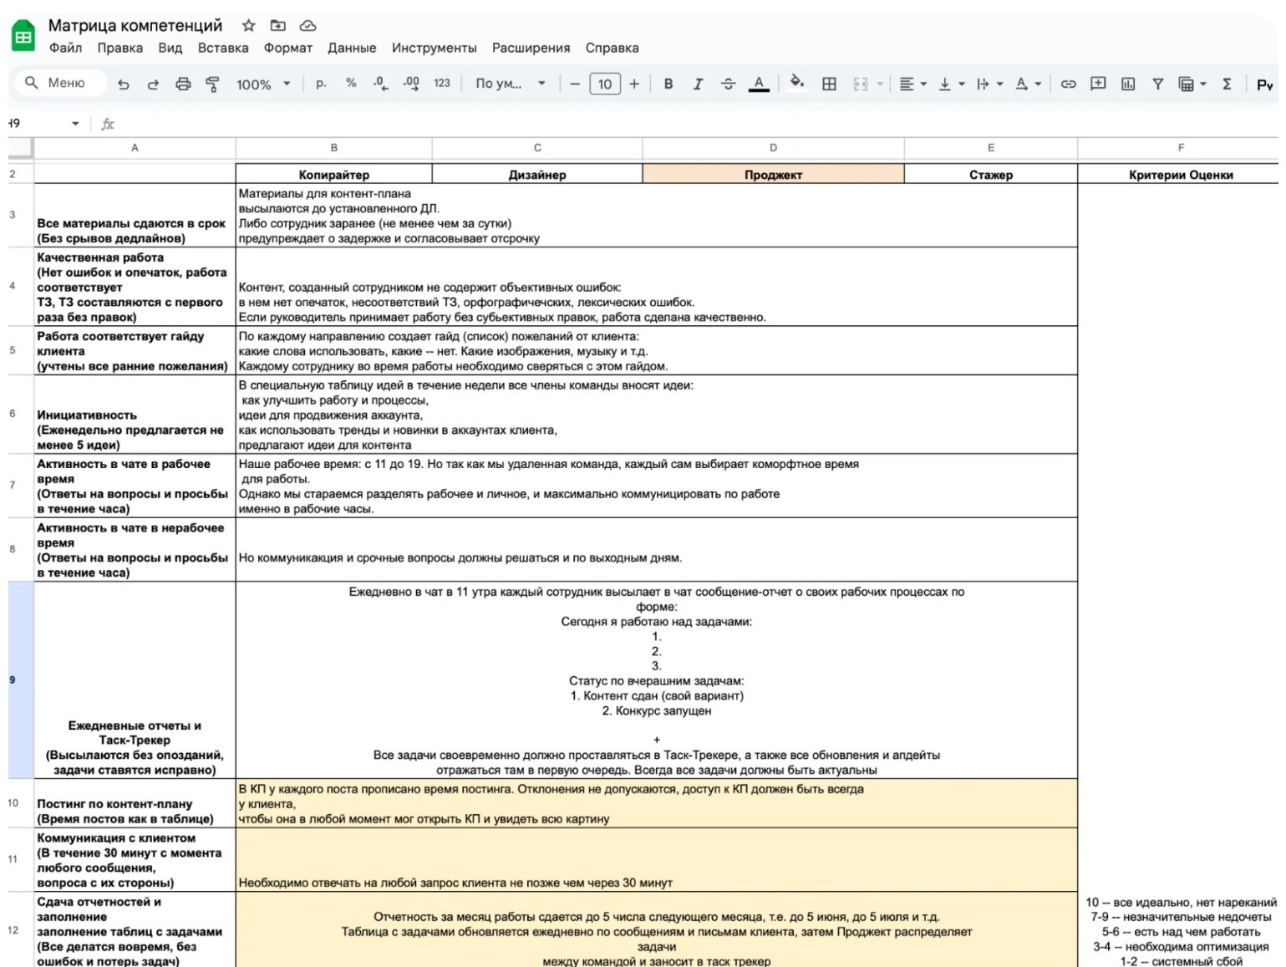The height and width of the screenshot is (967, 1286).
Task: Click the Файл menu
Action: tap(65, 48)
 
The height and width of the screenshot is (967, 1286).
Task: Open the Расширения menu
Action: tap(531, 48)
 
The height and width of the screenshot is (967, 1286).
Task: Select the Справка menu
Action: tap(612, 48)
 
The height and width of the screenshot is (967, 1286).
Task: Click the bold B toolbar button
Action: tap(668, 84)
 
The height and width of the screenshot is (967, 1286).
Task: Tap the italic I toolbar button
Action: tap(698, 84)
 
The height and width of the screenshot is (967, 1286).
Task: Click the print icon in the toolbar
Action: tap(183, 84)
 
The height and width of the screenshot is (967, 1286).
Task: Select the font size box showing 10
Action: tap(604, 84)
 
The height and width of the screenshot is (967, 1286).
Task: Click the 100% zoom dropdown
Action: tap(262, 84)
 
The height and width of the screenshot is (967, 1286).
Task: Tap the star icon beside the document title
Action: tap(248, 26)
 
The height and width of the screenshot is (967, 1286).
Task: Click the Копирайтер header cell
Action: tap(333, 175)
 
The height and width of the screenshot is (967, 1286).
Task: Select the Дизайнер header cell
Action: tap(537, 175)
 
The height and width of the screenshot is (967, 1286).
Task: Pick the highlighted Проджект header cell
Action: tap(773, 175)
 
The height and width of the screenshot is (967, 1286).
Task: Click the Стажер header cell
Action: tap(991, 175)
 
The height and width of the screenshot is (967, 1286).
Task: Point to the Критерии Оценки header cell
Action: tap(1180, 175)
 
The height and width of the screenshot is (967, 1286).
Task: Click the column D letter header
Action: tap(773, 148)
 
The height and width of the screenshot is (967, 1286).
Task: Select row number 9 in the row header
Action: tap(13, 679)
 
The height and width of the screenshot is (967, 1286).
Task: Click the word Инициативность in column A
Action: tap(87, 415)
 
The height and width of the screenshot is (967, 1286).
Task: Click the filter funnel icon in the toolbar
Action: tap(1157, 84)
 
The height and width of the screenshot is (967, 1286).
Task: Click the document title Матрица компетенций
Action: tap(135, 26)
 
